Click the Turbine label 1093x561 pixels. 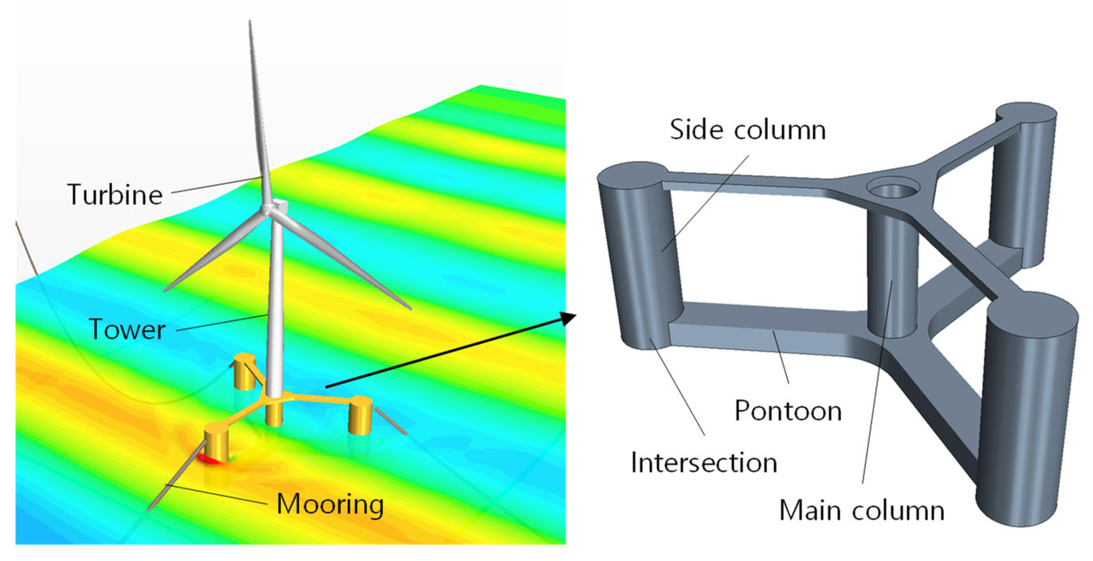pos(115,195)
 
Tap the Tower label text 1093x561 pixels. pos(127,330)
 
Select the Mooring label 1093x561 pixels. pos(330,505)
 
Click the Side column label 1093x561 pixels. pos(748,129)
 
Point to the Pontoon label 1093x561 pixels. pos(788,410)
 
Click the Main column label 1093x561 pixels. pos(862,510)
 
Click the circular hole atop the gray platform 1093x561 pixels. pos(893,189)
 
